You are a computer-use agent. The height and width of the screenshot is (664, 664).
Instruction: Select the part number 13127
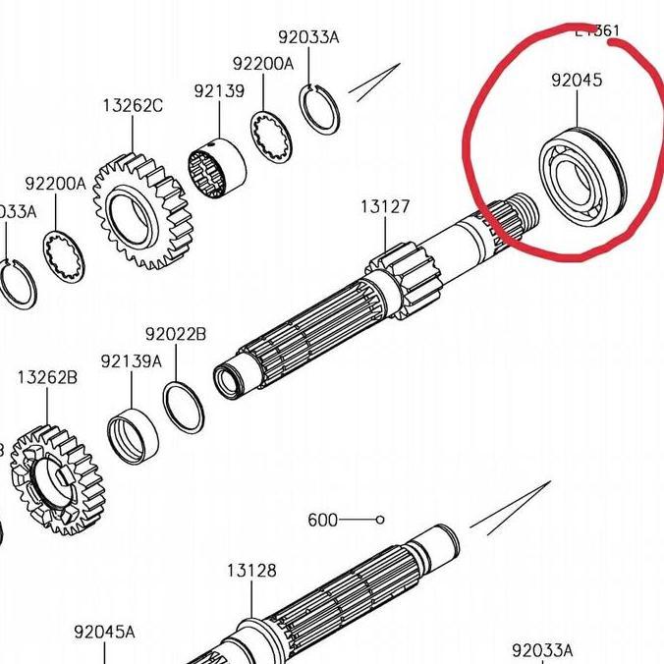384,207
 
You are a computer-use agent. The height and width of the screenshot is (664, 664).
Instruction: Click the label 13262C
132,106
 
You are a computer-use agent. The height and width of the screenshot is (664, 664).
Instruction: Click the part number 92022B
176,334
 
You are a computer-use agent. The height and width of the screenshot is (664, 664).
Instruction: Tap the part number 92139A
131,360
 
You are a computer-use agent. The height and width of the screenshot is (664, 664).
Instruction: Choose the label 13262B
47,376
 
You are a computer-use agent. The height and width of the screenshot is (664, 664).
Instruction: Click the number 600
321,520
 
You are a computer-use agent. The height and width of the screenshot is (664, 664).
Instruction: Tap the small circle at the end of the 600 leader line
380,520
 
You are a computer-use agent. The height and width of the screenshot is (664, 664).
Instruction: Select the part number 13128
251,570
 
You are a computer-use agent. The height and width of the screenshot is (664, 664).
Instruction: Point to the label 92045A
105,632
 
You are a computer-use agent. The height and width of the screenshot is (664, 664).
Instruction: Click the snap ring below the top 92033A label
320,108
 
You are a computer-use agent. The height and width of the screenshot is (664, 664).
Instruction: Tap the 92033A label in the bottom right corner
542,650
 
